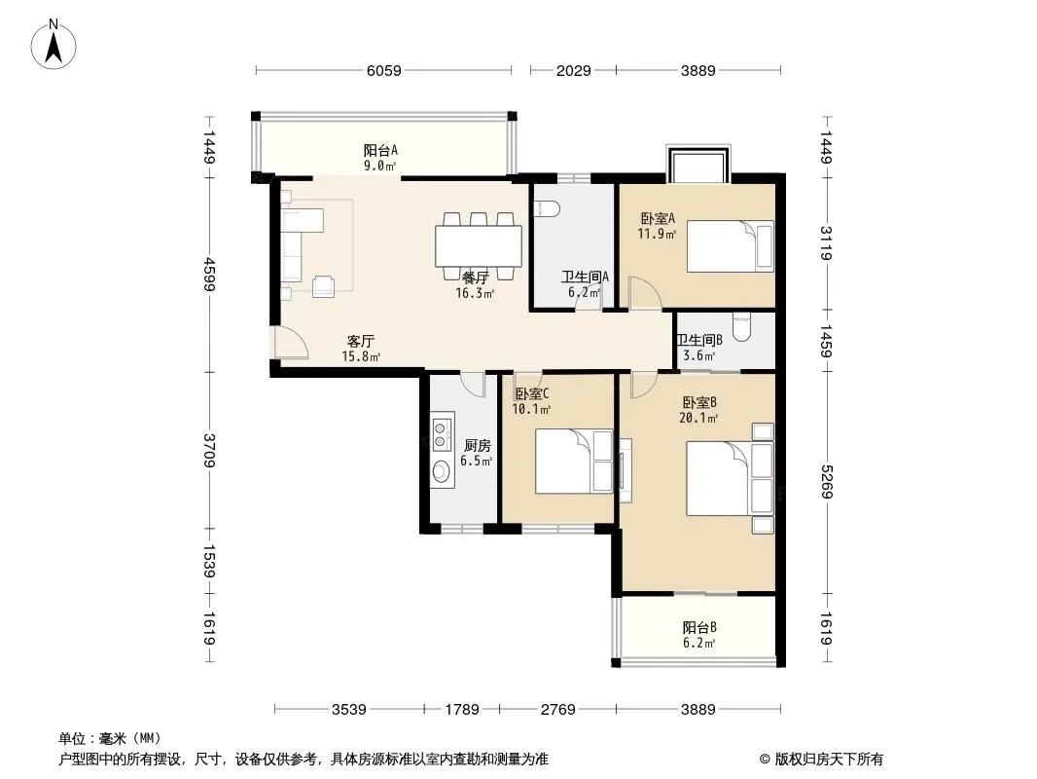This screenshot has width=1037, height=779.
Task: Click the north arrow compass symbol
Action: click(x=54, y=45)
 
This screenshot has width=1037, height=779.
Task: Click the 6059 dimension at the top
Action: click(x=383, y=70)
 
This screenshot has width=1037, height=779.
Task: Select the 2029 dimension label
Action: click(x=573, y=70)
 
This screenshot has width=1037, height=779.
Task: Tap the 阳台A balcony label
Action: click(x=380, y=151)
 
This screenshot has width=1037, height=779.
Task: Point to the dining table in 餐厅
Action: click(x=479, y=245)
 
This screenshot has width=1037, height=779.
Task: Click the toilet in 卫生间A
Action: click(x=547, y=209)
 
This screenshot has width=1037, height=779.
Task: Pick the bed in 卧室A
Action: click(x=731, y=246)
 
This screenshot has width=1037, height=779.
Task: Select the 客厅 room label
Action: click(x=361, y=342)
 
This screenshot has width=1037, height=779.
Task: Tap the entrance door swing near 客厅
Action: click(x=292, y=343)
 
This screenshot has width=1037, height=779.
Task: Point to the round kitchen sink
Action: click(x=441, y=471)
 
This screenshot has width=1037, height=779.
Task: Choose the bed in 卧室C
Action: click(x=574, y=461)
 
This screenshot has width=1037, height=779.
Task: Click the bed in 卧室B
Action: click(x=731, y=478)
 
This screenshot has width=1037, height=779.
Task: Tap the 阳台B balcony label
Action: click(x=699, y=627)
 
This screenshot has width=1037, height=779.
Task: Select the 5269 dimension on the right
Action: click(x=826, y=482)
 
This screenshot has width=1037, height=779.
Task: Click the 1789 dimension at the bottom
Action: click(x=462, y=710)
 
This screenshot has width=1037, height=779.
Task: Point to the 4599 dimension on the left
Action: click(x=209, y=274)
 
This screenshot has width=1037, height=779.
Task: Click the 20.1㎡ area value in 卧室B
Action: click(x=698, y=419)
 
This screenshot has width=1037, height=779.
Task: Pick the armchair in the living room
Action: click(x=323, y=286)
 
